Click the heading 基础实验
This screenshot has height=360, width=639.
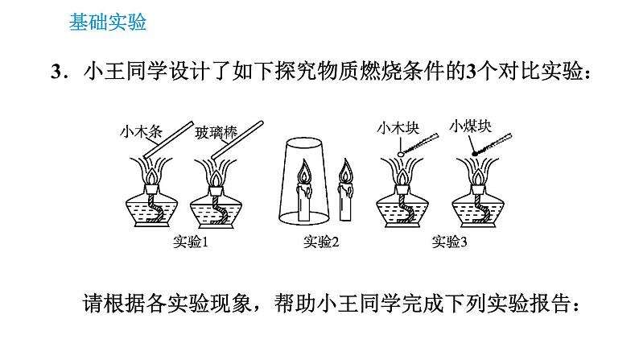tap(107, 23)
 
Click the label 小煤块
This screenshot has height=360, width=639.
tap(471, 125)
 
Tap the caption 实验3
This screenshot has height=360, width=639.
tap(449, 242)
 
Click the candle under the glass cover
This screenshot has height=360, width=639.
tap(306, 200)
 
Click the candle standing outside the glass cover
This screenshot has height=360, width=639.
tap(347, 201)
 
